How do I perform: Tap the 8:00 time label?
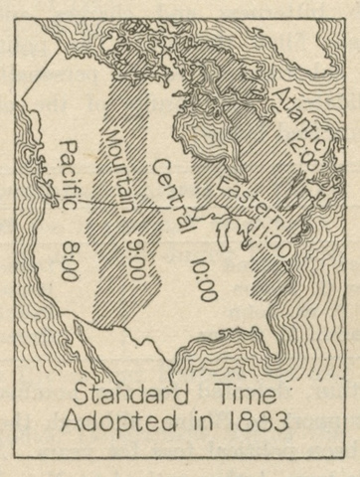pos(69,257)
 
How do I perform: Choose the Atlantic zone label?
pos(296,116)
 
